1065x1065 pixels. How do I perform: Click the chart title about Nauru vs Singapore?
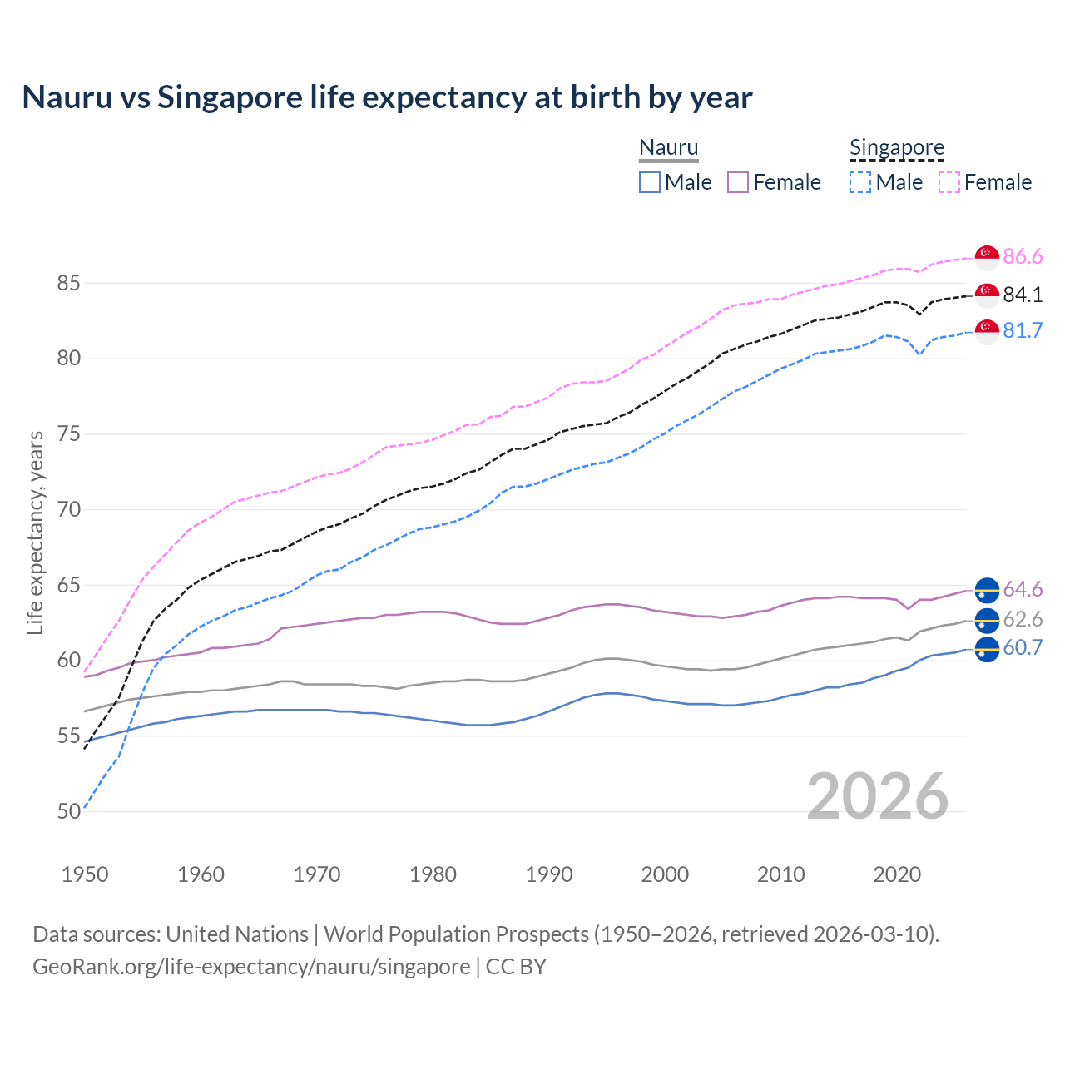[387, 97]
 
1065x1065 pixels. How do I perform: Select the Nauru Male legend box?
[650, 182]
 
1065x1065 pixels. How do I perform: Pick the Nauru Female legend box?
[738, 182]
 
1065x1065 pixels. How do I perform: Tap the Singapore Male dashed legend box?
[860, 182]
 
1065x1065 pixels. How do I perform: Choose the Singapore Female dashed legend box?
[949, 182]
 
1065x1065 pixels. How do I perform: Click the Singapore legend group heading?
[896, 147]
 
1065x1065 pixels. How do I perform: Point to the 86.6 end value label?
[1023, 257]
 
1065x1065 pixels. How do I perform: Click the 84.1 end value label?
[1023, 295]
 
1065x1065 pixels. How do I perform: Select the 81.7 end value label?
[1023, 331]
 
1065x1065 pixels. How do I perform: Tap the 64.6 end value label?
[1023, 590]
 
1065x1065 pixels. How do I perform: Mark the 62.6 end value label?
[1023, 620]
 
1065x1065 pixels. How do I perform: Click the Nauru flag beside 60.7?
[987, 648]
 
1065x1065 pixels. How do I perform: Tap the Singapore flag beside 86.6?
[987, 257]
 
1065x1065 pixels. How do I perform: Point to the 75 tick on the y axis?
[68, 434]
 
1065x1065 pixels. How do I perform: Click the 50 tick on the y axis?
[68, 811]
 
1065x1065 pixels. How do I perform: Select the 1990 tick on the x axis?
[549, 874]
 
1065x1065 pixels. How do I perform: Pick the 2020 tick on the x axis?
[897, 874]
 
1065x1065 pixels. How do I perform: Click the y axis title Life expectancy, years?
[35, 532]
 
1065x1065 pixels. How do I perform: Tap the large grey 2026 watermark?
[878, 796]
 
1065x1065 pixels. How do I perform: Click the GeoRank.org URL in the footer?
[251, 967]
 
